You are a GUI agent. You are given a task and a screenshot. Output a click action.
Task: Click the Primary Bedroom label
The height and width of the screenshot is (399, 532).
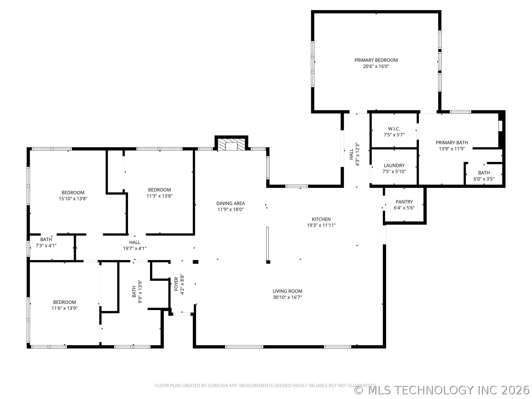click(x=376, y=60)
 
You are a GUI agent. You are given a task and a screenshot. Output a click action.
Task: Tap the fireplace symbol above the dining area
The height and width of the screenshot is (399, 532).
click(x=231, y=145)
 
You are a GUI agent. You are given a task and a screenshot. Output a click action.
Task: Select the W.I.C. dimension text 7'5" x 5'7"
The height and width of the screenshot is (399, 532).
click(x=394, y=135)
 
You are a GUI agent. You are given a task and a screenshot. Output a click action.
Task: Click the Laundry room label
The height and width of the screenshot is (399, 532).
click(x=394, y=165)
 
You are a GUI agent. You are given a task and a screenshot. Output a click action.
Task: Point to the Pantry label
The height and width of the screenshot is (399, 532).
click(x=404, y=202)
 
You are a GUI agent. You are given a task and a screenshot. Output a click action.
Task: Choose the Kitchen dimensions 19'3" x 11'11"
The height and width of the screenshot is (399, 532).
click(x=321, y=225)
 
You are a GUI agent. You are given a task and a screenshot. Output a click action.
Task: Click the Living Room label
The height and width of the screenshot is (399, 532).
click(x=287, y=291)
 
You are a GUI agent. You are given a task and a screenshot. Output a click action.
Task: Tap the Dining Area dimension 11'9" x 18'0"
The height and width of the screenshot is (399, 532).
click(x=231, y=209)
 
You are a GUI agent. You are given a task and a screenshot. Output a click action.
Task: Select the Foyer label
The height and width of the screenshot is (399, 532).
click(x=176, y=284)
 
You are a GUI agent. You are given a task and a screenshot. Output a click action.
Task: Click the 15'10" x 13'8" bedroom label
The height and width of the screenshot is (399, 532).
click(x=73, y=193)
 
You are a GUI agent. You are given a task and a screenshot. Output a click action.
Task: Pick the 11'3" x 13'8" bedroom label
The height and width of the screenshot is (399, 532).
click(x=159, y=190)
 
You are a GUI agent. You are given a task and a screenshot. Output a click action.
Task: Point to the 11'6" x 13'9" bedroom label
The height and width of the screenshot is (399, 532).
click(x=64, y=302)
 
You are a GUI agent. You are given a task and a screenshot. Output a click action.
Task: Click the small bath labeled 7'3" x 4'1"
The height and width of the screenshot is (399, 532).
click(x=46, y=239)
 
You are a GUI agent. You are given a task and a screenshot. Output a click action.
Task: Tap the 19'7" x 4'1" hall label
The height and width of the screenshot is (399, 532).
click(x=135, y=242)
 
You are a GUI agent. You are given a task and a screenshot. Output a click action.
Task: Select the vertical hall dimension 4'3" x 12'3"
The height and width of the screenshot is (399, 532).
click(x=357, y=154)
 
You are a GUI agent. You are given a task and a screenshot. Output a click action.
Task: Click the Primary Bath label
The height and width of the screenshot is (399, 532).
click(x=452, y=143)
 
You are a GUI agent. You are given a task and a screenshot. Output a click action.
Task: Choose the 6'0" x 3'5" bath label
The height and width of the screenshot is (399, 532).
click(x=484, y=173)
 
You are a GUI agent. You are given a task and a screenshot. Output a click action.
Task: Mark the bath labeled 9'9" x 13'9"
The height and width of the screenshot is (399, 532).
click(x=134, y=292)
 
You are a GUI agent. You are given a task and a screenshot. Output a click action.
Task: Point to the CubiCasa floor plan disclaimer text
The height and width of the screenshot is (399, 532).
click(x=265, y=385)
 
